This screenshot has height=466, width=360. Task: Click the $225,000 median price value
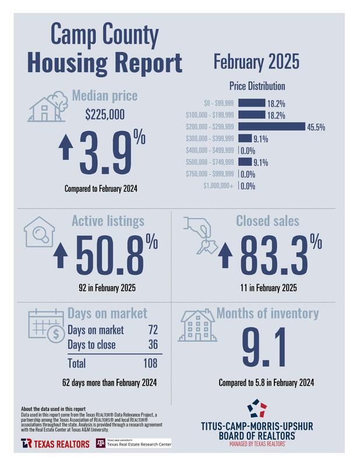pos(105,115)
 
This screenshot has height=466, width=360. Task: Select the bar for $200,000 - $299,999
pos(271,126)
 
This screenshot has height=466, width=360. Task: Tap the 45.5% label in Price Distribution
pos(316,127)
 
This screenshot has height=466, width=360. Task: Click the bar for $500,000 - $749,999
pos(245,162)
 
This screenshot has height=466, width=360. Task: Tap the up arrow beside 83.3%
pos(226,256)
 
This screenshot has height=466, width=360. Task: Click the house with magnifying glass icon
pos(40,234)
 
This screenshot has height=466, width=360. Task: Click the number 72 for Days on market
pos(153,330)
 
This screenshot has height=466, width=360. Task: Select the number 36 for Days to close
pos(153,345)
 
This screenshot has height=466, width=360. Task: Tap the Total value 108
pos(151,363)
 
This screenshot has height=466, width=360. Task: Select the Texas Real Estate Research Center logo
pos(134,444)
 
